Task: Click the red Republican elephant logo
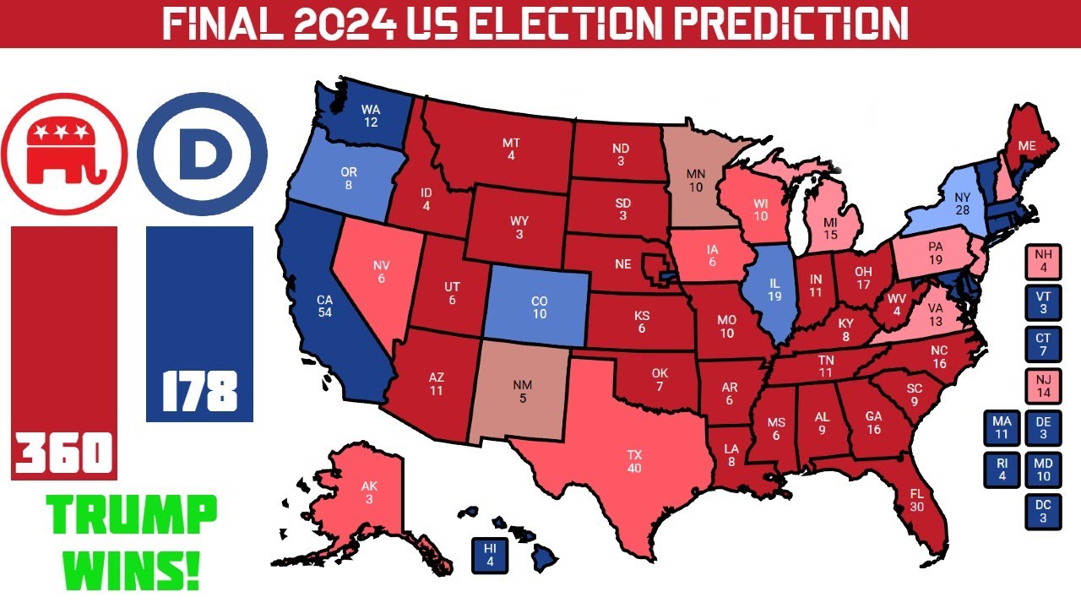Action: point(63,154)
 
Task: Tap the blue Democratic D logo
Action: point(202,154)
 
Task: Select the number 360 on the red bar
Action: point(64,453)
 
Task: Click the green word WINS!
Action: point(133,569)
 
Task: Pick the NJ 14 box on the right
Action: point(1043,387)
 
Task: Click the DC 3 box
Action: point(1043,511)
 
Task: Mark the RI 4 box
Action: point(1002,470)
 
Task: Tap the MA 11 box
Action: point(1002,428)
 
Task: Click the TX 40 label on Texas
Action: point(634,461)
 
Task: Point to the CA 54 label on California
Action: point(324,306)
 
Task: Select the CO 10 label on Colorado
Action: point(539,308)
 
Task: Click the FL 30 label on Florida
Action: point(916,500)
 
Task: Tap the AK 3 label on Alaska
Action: point(369,492)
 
